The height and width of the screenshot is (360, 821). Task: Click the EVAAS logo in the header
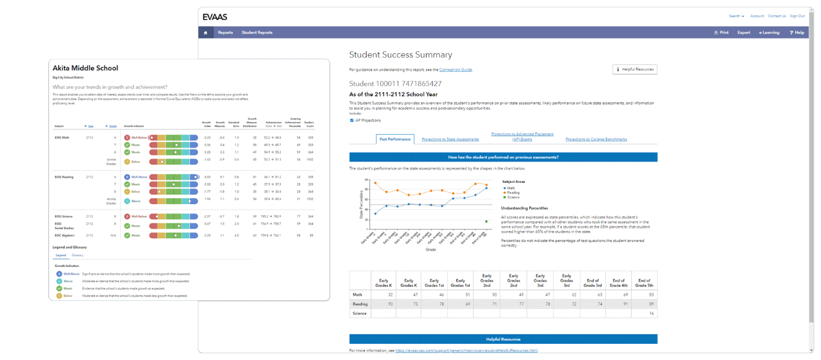[x=215, y=16]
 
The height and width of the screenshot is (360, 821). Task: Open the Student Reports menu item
[x=257, y=33]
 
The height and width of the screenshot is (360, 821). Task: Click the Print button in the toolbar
[x=721, y=33]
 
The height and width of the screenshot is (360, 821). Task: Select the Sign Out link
[x=797, y=16]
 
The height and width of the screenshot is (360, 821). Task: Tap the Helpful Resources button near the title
[x=635, y=69]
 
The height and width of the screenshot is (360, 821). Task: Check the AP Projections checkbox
[x=351, y=120]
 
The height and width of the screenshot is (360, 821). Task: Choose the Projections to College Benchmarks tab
[x=596, y=139]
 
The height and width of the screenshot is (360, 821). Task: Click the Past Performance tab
[x=394, y=139]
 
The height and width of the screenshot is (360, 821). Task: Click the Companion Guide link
[x=455, y=69]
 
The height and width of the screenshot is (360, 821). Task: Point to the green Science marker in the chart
[x=486, y=221]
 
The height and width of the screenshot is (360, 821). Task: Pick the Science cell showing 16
[x=643, y=313]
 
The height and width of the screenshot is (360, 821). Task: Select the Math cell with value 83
[x=643, y=295]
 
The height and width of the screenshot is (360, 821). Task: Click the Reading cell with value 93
[x=384, y=304]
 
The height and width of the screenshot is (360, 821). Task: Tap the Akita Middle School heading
[x=85, y=68]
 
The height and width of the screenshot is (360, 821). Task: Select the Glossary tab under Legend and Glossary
[x=77, y=255]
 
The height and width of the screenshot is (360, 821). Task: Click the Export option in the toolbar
[x=743, y=33]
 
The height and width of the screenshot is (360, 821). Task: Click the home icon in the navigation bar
[x=205, y=33]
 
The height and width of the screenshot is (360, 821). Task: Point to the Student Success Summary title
[x=400, y=55]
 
